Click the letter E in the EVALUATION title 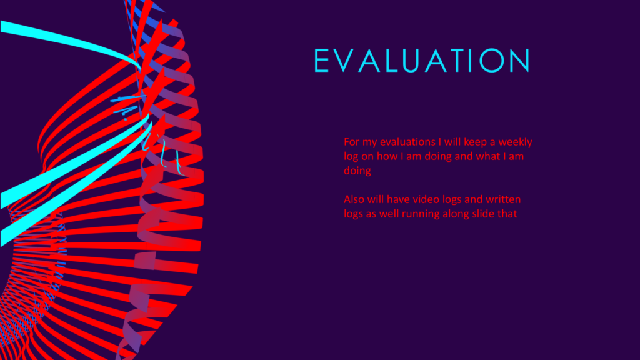point(322,61)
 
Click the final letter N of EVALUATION point(520,61)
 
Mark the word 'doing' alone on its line point(357,171)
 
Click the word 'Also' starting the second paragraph point(354,199)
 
